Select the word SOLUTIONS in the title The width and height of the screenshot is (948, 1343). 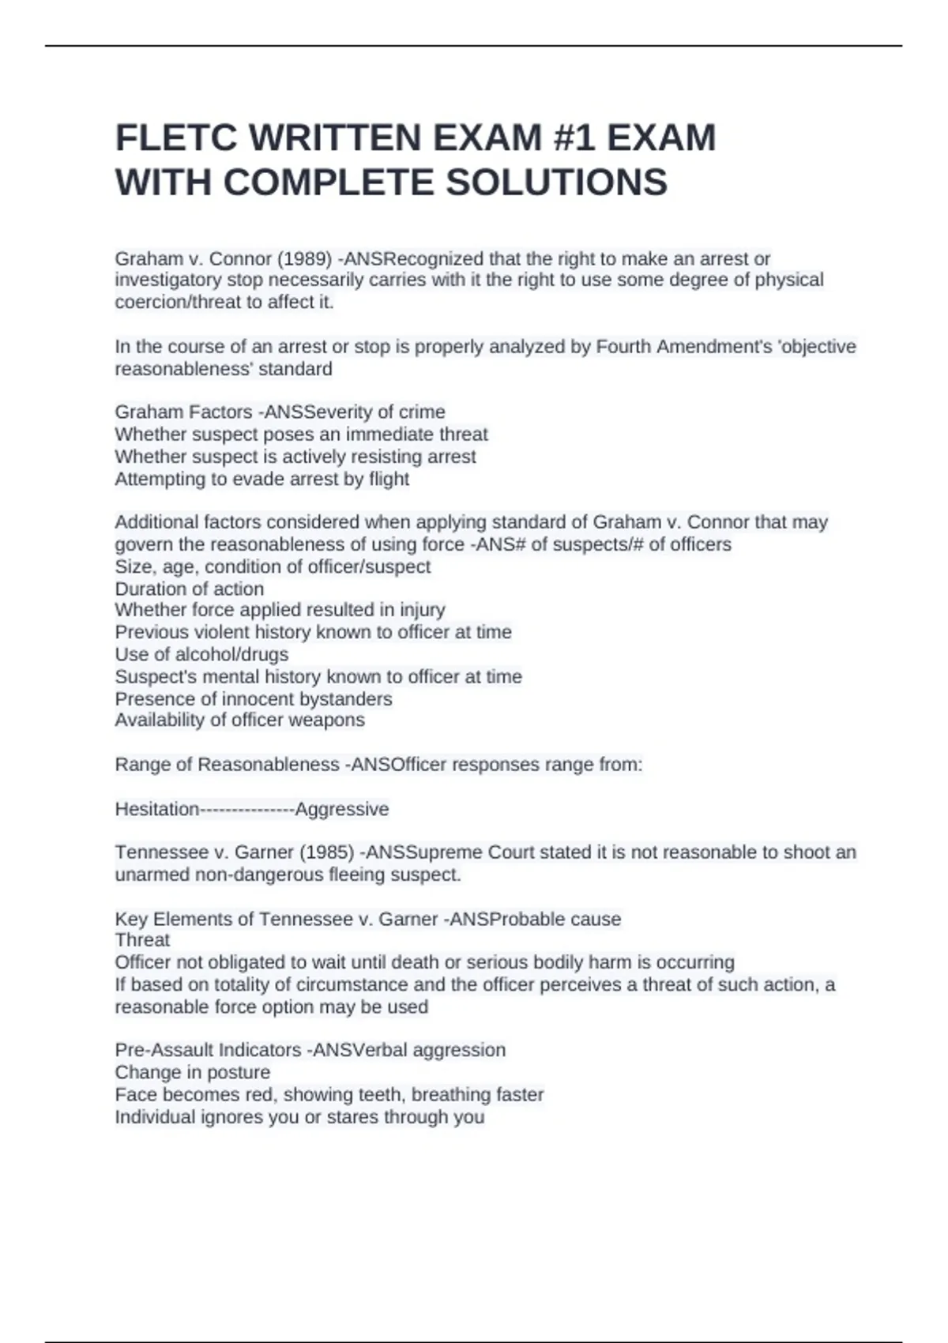(x=557, y=182)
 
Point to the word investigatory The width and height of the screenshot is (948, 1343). (x=168, y=280)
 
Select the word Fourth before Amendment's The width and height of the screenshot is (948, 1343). (x=629, y=347)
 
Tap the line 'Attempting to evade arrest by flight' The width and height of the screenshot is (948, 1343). (x=261, y=479)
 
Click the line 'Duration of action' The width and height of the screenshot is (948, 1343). (x=190, y=589)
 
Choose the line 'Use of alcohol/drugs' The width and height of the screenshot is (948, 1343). (x=201, y=654)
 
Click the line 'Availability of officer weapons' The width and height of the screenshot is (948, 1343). (x=239, y=720)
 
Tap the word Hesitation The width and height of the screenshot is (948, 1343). (x=157, y=809)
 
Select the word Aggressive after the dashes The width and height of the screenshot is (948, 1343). (x=342, y=809)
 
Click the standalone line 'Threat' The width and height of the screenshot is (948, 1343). (x=142, y=940)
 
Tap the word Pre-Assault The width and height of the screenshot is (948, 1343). (x=164, y=1050)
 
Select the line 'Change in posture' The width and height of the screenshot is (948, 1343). (x=192, y=1072)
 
